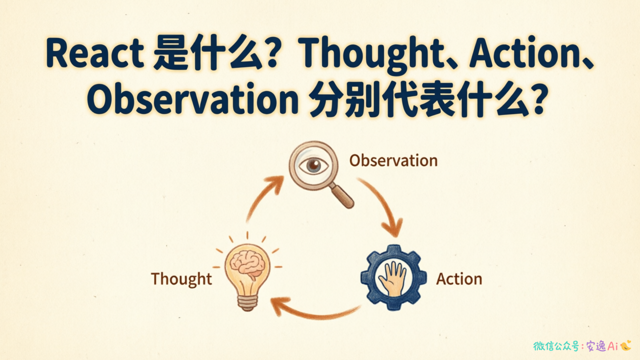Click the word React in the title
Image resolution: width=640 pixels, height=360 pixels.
coord(95,53)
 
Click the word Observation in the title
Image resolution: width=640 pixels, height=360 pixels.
coord(193,98)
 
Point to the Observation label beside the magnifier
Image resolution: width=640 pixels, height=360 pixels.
coord(393,160)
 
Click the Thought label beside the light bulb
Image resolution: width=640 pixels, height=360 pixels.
coord(181,279)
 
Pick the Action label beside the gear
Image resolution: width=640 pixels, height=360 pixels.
coord(459,279)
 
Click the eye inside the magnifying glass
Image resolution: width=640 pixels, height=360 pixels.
coord(313,165)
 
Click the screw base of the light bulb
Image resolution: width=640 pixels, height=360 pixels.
coord(247,302)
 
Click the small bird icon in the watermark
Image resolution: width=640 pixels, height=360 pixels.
coord(625,345)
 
